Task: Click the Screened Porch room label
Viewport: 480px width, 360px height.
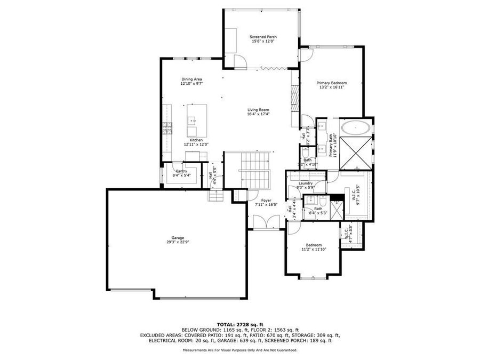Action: click(x=263, y=36)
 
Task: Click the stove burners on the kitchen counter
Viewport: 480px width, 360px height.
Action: click(x=168, y=127)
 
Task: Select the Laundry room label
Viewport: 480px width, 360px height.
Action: click(x=306, y=183)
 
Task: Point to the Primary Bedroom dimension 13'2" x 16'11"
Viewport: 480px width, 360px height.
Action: click(x=332, y=87)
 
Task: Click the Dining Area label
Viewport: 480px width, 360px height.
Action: click(x=191, y=79)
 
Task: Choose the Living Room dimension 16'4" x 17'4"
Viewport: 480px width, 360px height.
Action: click(x=258, y=114)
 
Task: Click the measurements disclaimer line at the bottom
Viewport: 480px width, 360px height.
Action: click(x=239, y=350)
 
